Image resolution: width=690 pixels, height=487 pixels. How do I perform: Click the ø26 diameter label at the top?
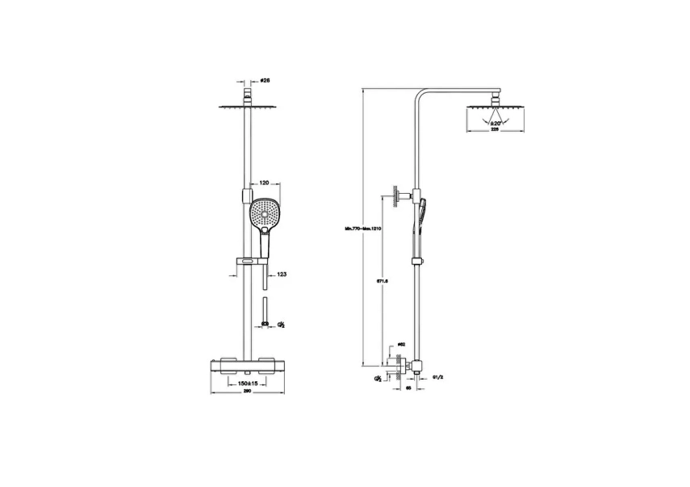265,82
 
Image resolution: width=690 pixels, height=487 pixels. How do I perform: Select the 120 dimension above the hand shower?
264,184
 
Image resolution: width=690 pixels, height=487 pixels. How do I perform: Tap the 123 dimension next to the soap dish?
282,275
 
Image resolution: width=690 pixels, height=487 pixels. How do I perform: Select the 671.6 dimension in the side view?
383,281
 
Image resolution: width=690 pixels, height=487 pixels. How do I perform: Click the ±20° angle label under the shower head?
496,124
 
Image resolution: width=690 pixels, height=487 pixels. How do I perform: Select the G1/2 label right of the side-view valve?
438,376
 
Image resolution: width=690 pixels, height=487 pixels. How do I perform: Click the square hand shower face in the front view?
265,214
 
